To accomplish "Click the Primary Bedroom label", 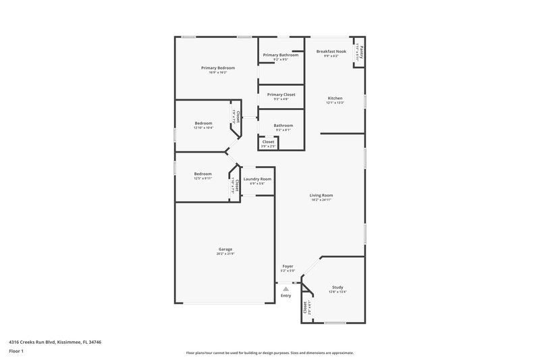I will coord(217,68).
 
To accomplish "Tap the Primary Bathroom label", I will coord(280,55).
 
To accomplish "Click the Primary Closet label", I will coord(281,95).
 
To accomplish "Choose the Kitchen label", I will coord(335,98).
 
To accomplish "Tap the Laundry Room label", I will coord(257,178).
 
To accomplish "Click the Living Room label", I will coord(322,195).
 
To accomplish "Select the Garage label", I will coord(225,249).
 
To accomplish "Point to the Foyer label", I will coord(288,267).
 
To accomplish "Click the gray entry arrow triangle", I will coord(286,288).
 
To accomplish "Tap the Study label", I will coord(337,287).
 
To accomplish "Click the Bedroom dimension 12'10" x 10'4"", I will coord(204,128).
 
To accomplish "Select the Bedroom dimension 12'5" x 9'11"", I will coord(203,178).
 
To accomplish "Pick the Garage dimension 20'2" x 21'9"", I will coord(225,254).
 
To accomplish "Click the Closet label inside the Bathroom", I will coord(268,142).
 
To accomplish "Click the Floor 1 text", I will coord(17,351).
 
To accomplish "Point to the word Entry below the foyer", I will coord(286,295).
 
